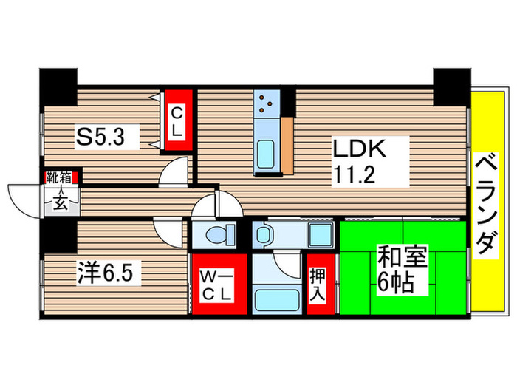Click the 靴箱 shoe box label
59,177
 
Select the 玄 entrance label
60,202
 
